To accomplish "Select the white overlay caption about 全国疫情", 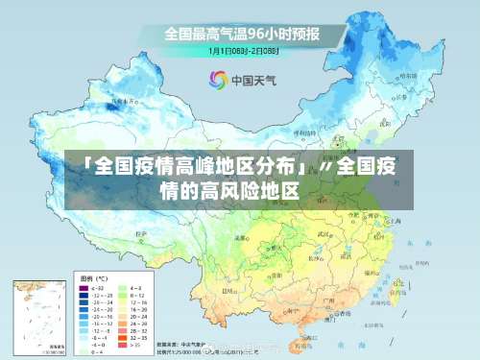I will [x=240, y=180].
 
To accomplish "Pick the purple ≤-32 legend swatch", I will [x=83, y=287].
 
